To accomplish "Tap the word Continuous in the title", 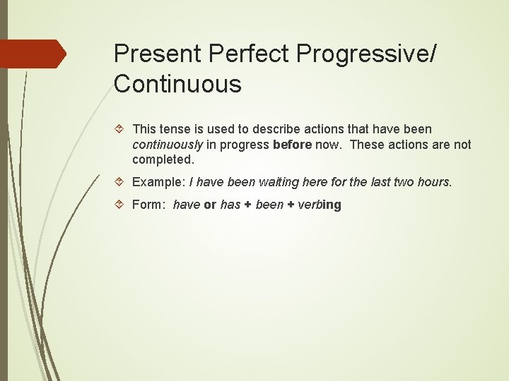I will coord(177,84).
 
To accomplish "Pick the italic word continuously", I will coord(168,145).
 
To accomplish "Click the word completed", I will coord(163,159).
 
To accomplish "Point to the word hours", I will coord(434,182).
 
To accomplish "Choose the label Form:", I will coord(149,205).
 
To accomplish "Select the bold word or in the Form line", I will coord(210,205).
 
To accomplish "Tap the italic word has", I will coord(230,205).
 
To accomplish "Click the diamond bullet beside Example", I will coord(119,182).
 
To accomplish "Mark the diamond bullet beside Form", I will coord(119,205).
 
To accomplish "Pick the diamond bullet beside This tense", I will coord(119,129).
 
